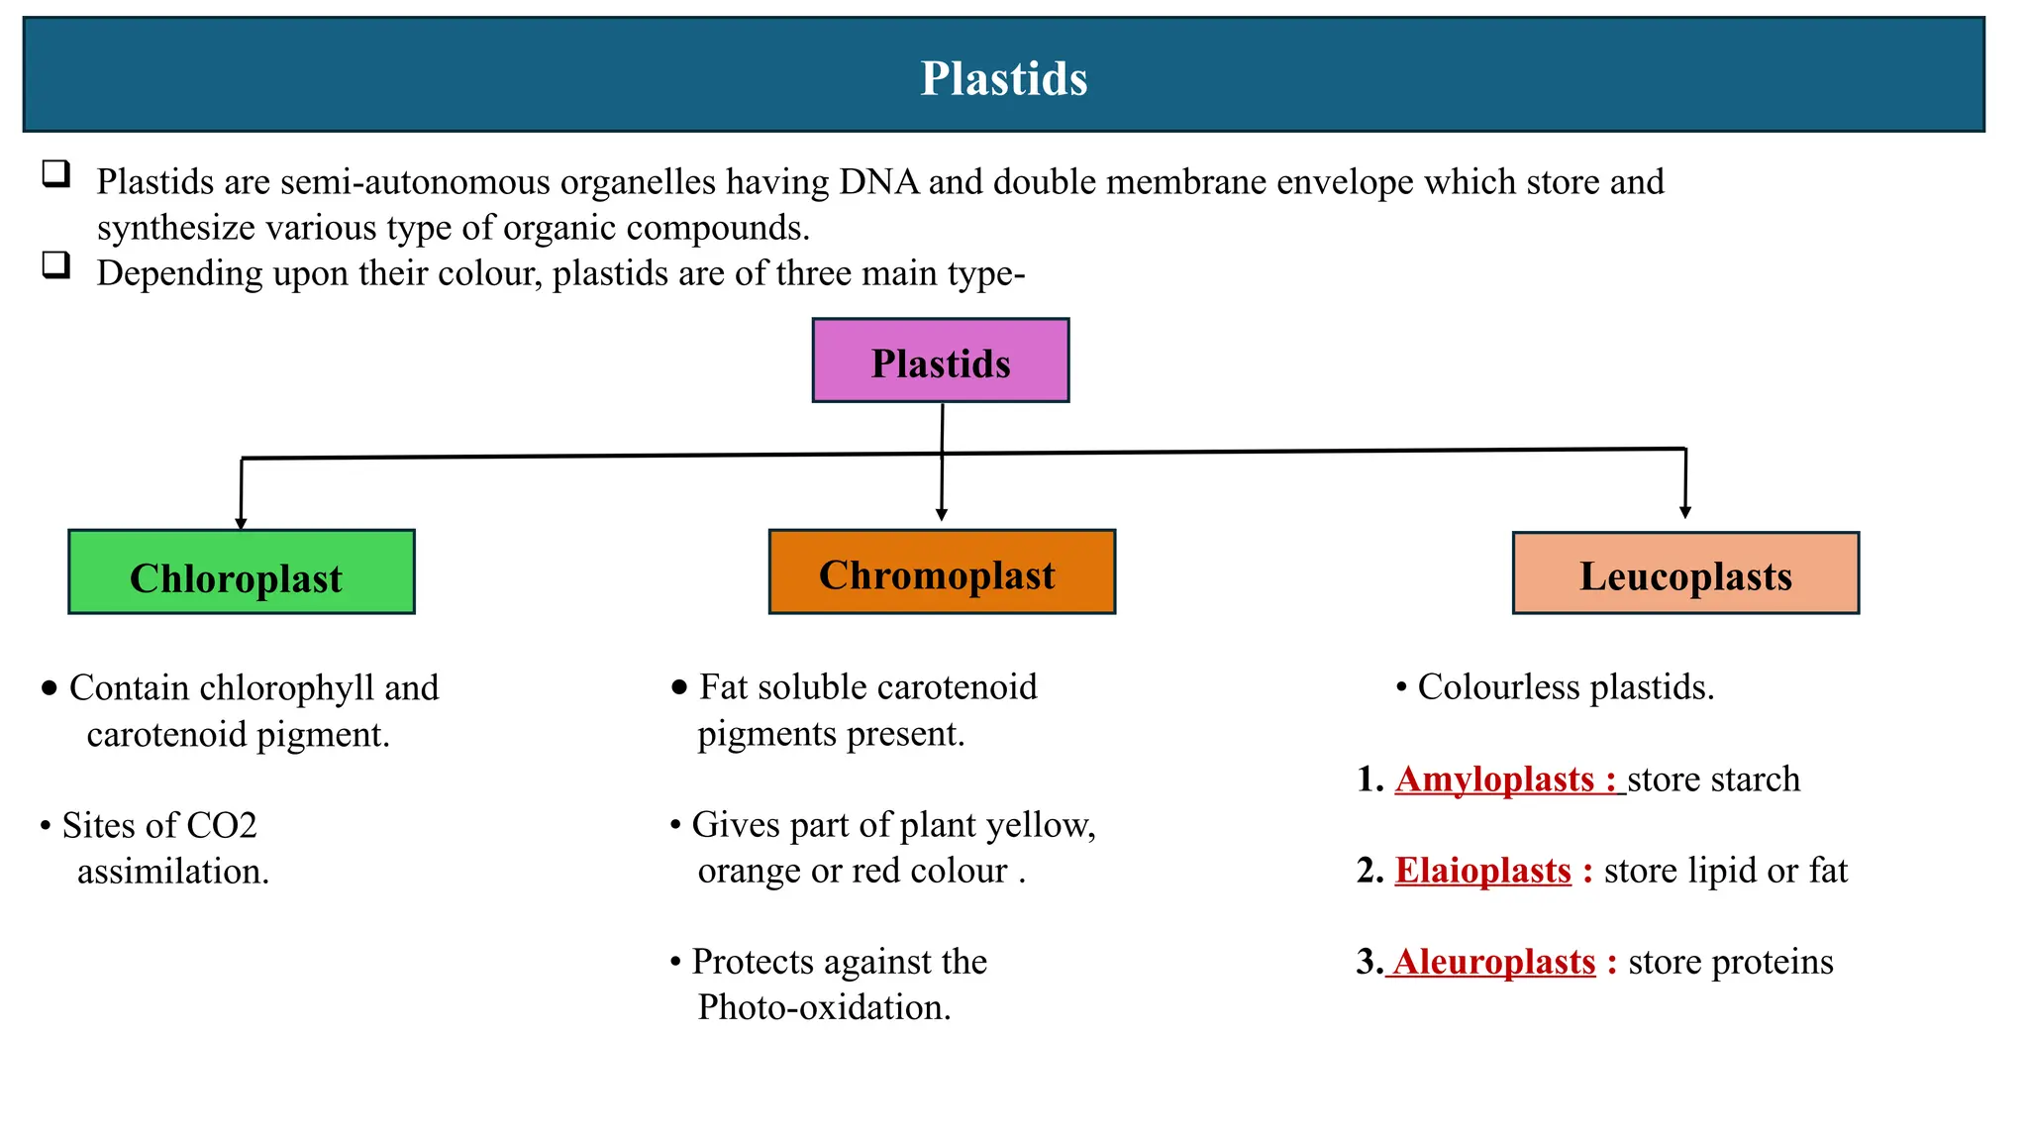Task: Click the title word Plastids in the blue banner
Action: [x=1003, y=78]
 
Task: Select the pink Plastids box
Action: [x=940, y=361]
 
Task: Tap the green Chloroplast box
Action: [x=241, y=572]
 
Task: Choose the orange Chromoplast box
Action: [x=941, y=572]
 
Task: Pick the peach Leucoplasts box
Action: [x=1684, y=573]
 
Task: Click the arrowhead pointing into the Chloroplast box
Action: [x=241, y=523]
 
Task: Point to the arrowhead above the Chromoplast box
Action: [x=941, y=514]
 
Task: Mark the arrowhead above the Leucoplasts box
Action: [x=1684, y=512]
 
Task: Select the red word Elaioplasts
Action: [x=1482, y=871]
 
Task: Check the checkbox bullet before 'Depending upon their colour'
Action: [x=56, y=264]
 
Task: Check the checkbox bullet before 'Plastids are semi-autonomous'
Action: [x=56, y=174]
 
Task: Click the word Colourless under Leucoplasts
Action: [x=1498, y=687]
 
